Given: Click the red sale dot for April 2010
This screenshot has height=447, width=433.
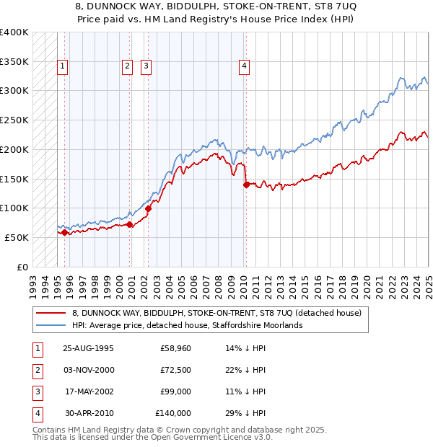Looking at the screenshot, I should click(x=246, y=185).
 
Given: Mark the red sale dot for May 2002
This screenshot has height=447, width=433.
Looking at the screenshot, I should click(x=148, y=208).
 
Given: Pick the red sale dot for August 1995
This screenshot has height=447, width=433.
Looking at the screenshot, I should click(x=64, y=232).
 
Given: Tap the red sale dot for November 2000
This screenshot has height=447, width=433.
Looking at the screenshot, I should click(x=130, y=224).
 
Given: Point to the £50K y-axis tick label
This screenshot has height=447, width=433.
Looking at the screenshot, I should click(x=17, y=237).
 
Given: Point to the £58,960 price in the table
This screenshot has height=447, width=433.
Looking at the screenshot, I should click(x=175, y=348).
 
